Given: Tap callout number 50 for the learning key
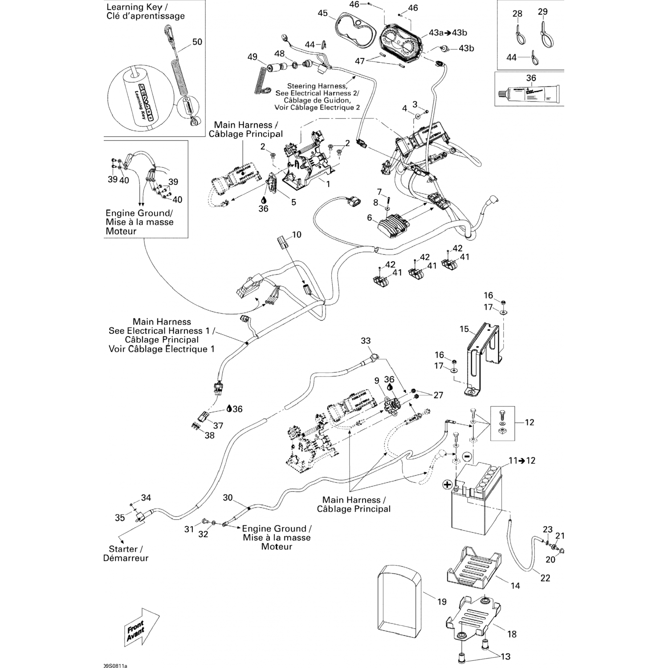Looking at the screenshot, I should click(197, 42).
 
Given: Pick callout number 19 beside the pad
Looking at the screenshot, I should click(441, 602).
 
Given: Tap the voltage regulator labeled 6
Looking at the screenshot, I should click(392, 225).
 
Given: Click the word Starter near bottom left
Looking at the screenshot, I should click(123, 549).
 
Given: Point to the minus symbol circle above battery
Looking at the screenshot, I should click(467, 456).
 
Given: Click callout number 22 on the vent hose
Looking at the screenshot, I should click(545, 578).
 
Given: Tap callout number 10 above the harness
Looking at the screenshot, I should click(296, 235).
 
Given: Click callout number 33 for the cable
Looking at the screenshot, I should click(366, 341).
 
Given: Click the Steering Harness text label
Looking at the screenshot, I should click(317, 86).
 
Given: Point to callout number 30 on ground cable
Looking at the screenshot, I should click(228, 497).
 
